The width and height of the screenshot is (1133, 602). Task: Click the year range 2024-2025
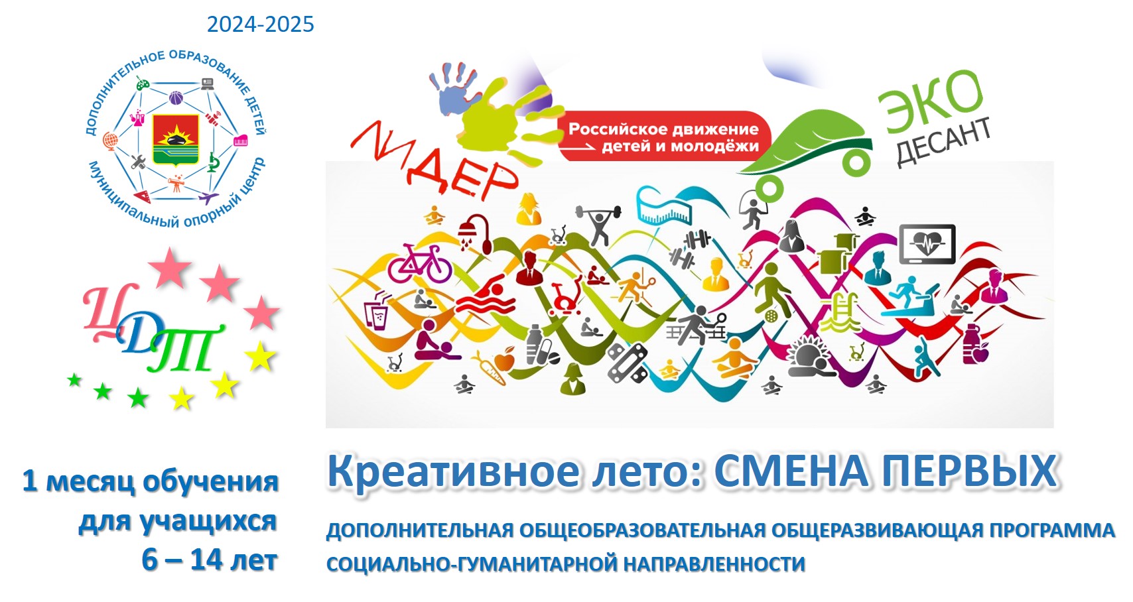(261, 25)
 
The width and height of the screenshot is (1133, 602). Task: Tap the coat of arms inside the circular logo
(176, 139)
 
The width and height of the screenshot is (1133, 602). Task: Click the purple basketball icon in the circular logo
(176, 97)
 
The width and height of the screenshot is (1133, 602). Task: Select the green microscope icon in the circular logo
(214, 162)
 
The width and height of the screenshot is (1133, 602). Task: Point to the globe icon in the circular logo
(110, 141)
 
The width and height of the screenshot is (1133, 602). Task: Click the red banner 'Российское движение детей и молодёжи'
(663, 137)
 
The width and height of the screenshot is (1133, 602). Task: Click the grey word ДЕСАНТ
(943, 141)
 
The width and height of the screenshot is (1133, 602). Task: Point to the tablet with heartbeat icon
(927, 244)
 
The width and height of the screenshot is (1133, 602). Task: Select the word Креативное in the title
(453, 471)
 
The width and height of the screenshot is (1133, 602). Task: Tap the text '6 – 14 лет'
(210, 560)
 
